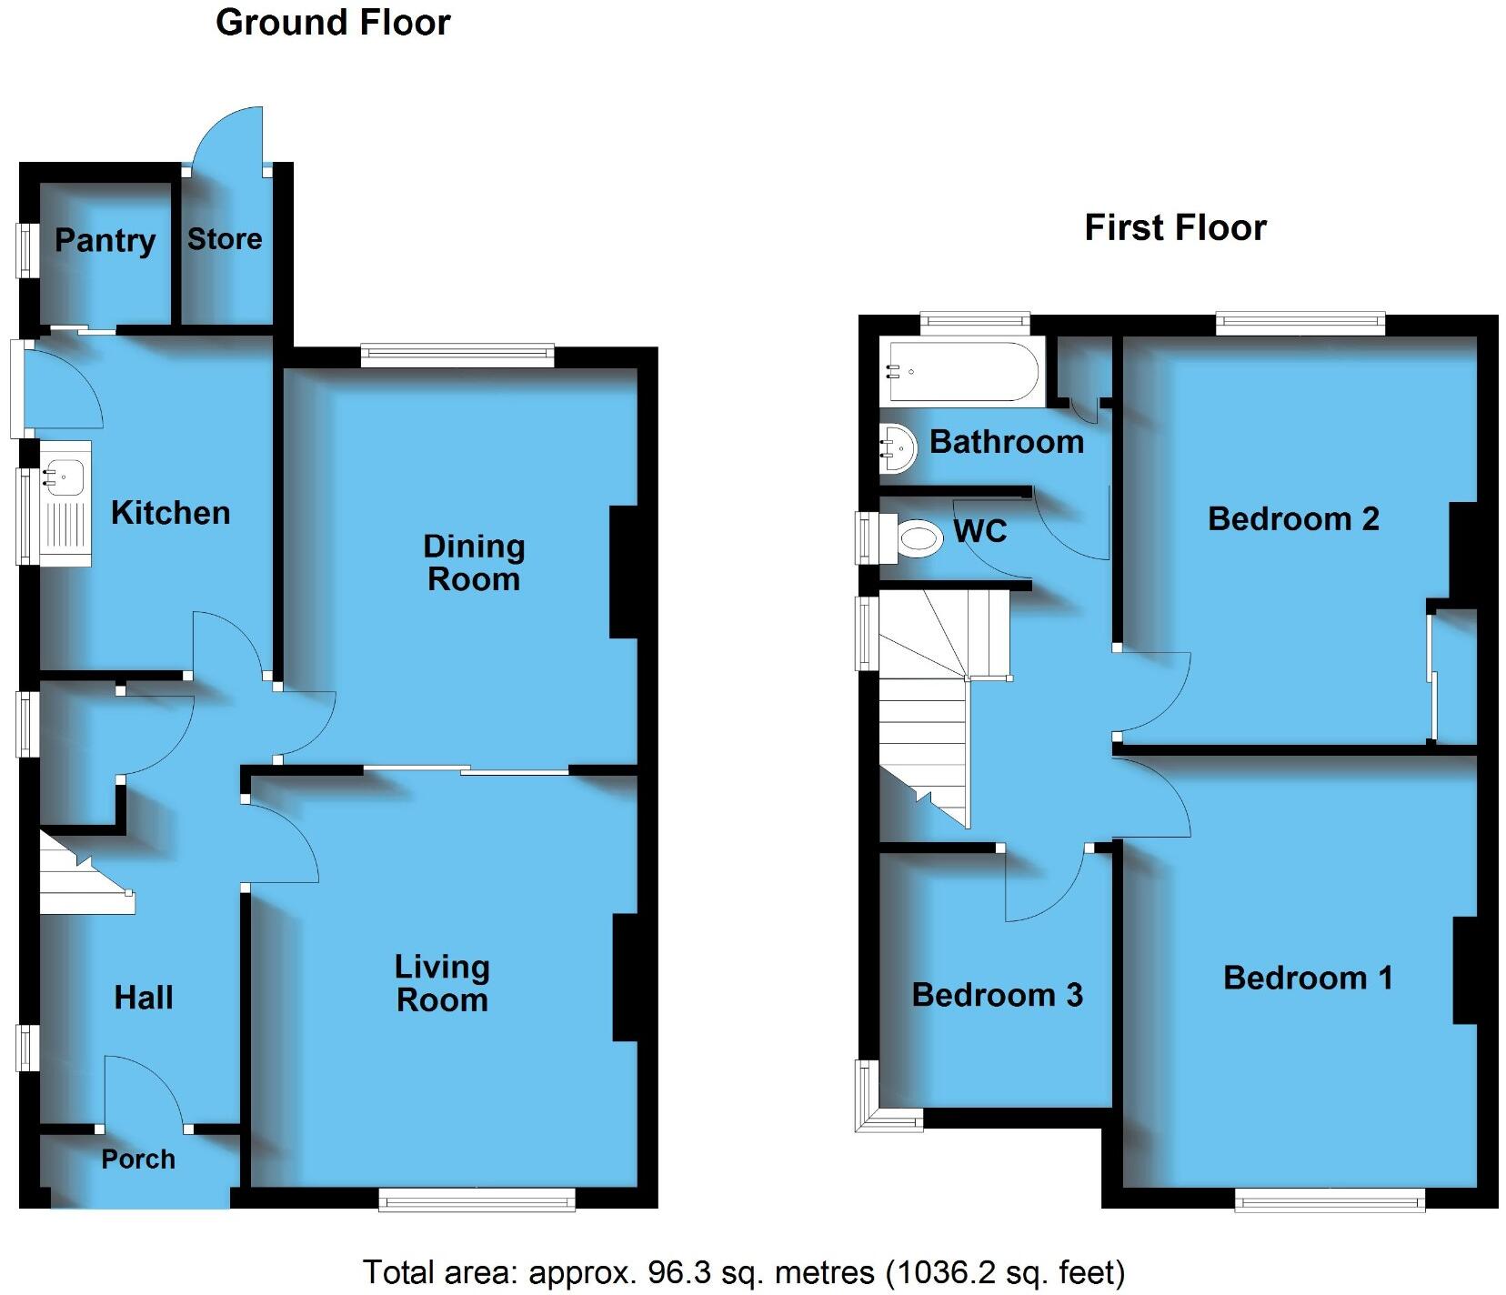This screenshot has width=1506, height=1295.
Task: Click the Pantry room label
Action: tap(105, 241)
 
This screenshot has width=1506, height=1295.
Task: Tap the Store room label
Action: tap(225, 239)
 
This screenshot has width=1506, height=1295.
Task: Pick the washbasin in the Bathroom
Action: tap(898, 447)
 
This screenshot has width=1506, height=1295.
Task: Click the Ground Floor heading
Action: tap(333, 23)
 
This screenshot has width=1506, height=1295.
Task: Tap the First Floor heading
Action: tap(1175, 227)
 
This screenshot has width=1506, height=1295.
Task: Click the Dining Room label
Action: tap(474, 563)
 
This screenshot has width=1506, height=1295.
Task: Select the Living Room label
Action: tap(443, 983)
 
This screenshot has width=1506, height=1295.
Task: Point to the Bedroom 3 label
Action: tap(997, 995)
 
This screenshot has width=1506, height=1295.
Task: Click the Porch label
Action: tap(138, 1159)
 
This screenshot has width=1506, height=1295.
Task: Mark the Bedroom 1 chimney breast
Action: tap(1464, 970)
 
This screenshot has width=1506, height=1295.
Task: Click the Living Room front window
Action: tap(477, 1200)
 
